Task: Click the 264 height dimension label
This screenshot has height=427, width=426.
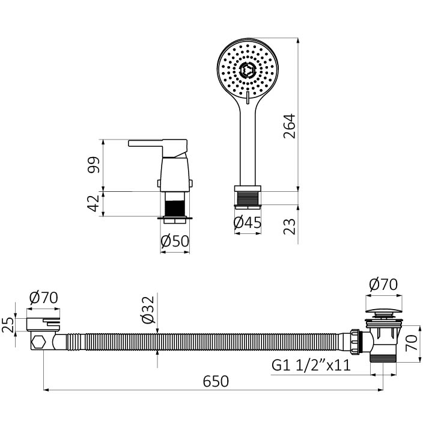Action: [289, 126]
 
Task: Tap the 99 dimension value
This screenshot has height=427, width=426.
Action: [94, 165]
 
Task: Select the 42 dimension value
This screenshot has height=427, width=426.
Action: [94, 203]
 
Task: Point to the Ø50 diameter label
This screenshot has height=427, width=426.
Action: [175, 241]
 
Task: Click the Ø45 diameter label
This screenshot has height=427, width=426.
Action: [248, 223]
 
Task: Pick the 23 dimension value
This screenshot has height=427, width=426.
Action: [289, 227]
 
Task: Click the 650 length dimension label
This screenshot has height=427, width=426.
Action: [216, 381]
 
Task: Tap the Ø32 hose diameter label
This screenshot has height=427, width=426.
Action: [148, 310]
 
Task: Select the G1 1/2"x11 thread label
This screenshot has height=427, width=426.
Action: [311, 365]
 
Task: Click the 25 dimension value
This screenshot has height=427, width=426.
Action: [8, 325]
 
